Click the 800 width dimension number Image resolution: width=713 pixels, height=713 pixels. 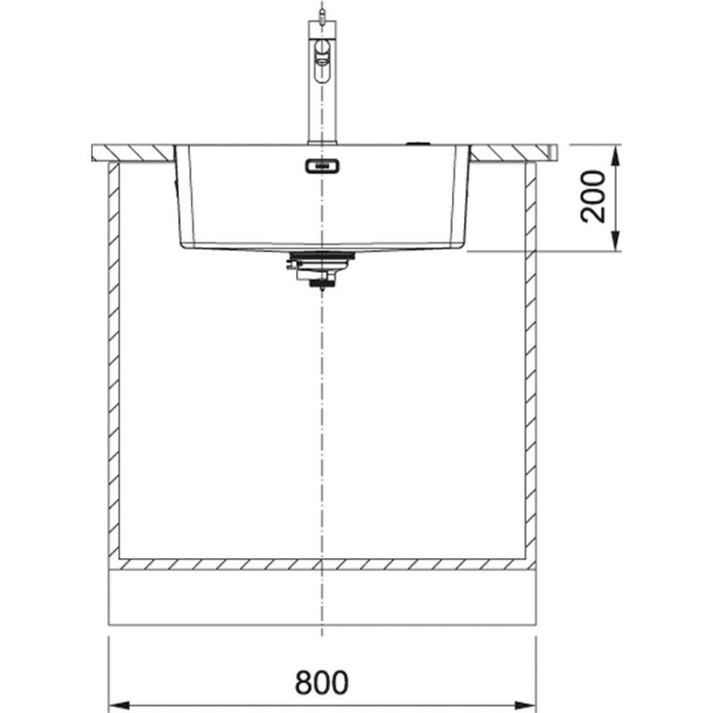(x=322, y=682)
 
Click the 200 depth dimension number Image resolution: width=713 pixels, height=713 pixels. (x=594, y=197)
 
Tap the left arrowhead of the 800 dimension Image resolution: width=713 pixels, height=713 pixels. (x=116, y=701)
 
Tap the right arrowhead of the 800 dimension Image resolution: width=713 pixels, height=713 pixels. (x=529, y=701)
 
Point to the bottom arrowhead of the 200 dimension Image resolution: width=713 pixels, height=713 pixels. (x=616, y=243)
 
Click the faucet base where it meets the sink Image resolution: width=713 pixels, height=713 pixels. (x=322, y=140)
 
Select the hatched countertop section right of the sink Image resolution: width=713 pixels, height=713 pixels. (x=512, y=153)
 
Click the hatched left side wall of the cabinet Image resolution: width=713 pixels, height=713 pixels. (x=113, y=356)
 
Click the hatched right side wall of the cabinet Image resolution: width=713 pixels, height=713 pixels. (x=530, y=356)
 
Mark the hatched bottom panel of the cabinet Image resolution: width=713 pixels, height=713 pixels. (x=322, y=564)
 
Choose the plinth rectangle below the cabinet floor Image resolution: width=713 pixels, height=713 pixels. (x=322, y=597)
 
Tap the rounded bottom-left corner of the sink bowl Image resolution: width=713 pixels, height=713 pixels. (x=184, y=242)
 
